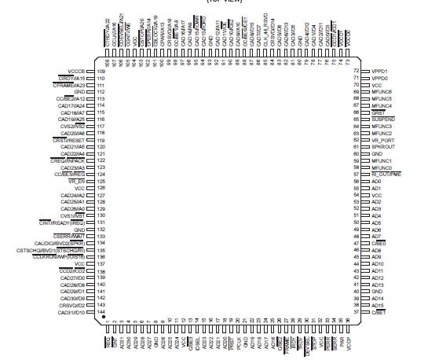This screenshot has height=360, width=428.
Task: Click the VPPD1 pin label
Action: tap(381, 72)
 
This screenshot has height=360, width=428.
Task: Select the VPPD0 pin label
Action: tap(381, 79)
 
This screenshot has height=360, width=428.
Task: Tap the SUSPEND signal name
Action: tap(383, 119)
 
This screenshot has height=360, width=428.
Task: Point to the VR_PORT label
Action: tap(383, 140)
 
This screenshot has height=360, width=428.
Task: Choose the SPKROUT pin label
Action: tap(384, 147)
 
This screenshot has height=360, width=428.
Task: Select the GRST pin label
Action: tap(379, 113)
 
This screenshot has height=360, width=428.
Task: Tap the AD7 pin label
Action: tap(376, 236)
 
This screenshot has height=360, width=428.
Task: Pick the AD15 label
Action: tap(378, 305)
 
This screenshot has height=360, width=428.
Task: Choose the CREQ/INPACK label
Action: tap(67, 160)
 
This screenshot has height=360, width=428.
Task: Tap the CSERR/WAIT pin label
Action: tap(68, 236)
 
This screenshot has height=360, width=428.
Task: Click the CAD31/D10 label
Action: tap(71, 312)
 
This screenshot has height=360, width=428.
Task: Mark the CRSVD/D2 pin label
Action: tap(71, 305)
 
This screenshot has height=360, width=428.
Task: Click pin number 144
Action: tap(101, 312)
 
